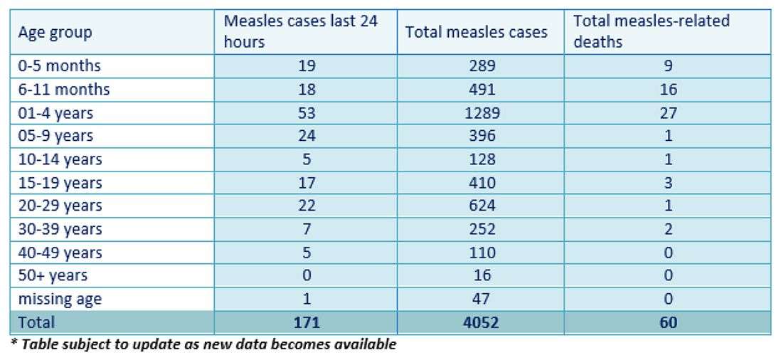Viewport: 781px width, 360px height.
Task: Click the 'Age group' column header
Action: (x=55, y=33)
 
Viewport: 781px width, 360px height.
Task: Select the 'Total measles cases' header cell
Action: (x=476, y=33)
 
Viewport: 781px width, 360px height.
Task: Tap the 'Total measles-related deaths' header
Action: (x=651, y=31)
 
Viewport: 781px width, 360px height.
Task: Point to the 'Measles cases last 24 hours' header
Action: (x=300, y=31)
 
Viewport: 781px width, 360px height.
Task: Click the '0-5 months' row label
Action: (x=60, y=66)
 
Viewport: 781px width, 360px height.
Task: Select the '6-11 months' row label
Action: (x=64, y=90)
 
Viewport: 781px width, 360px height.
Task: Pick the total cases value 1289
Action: (x=480, y=113)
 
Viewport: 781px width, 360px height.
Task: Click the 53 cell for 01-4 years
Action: (x=305, y=113)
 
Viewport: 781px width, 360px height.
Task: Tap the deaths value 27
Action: (x=667, y=113)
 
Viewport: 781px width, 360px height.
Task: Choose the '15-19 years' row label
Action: (x=60, y=183)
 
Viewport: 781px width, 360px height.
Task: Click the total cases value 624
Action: (x=480, y=206)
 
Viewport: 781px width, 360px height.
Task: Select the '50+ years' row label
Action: (x=53, y=276)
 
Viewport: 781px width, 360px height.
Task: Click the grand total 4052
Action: (x=480, y=322)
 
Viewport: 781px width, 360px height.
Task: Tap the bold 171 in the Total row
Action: (x=305, y=322)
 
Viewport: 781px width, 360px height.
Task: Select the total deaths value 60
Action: (x=667, y=322)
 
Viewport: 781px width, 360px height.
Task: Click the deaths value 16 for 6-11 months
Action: (x=667, y=90)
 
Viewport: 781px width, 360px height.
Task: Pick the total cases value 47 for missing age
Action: (x=480, y=300)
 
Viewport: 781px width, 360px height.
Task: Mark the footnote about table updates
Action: (x=203, y=345)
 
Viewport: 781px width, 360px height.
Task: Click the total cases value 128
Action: (x=480, y=159)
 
